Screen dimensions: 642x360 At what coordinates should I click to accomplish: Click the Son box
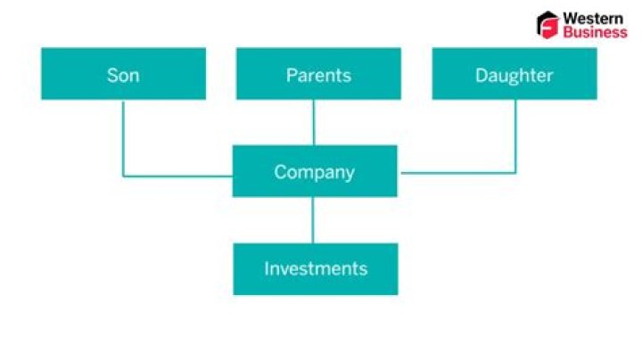(x=124, y=74)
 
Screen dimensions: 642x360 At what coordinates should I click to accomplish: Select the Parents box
(x=318, y=74)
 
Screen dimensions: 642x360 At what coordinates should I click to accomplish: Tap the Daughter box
(x=514, y=74)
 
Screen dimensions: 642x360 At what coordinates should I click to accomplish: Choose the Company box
(x=315, y=171)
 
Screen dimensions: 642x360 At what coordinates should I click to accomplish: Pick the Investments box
(x=316, y=269)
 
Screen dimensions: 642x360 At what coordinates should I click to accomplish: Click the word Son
(x=123, y=76)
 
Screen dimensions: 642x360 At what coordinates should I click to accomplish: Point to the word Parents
(x=318, y=76)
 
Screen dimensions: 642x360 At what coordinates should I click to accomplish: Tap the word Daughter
(x=514, y=76)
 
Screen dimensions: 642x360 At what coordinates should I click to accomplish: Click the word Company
(x=315, y=173)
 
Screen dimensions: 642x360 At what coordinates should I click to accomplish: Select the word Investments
(x=316, y=269)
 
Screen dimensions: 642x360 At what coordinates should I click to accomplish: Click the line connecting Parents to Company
(x=314, y=122)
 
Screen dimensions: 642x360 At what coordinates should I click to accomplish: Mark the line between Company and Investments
(x=313, y=220)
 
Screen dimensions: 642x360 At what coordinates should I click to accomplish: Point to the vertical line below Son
(x=123, y=139)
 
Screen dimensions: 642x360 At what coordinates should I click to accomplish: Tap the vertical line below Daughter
(x=515, y=136)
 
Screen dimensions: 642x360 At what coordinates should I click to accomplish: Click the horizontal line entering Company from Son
(x=177, y=176)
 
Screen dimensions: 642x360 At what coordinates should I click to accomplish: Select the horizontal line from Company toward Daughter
(x=458, y=173)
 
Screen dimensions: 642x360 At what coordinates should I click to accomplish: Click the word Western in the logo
(x=593, y=19)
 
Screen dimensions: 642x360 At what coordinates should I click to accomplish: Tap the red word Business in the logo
(x=595, y=32)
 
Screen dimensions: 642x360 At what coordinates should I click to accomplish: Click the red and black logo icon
(x=547, y=25)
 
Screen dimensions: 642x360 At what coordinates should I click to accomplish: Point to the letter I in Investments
(x=267, y=269)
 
